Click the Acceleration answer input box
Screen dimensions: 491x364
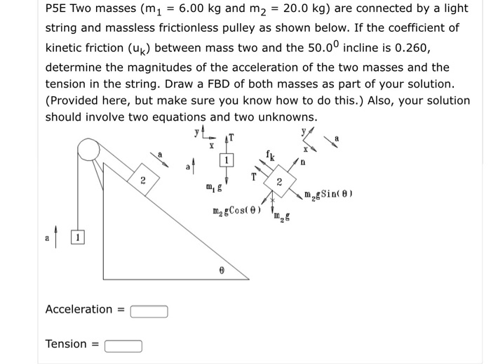(148, 311)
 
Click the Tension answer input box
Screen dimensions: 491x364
(123, 345)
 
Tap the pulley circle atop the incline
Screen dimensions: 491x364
(88, 149)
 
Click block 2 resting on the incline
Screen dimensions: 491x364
(142, 180)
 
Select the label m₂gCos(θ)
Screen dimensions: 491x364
(237, 211)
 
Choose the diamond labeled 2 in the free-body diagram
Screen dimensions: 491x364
(278, 182)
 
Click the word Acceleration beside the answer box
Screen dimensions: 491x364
(79, 309)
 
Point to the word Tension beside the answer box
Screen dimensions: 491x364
(66, 344)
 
